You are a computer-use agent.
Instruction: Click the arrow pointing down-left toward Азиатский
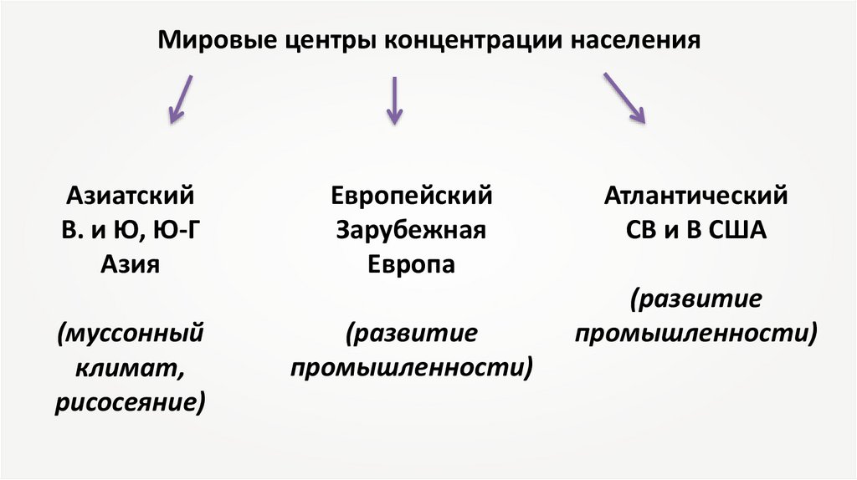click(182, 99)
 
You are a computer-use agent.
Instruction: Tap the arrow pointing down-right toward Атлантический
click(624, 98)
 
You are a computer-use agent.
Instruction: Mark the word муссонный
click(131, 334)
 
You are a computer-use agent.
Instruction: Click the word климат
click(128, 368)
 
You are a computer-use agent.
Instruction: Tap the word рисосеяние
click(131, 402)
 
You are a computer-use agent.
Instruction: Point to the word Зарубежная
click(411, 231)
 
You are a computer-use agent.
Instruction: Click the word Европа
click(411, 265)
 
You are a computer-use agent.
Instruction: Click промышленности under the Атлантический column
click(696, 334)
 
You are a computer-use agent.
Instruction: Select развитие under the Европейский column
click(411, 334)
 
